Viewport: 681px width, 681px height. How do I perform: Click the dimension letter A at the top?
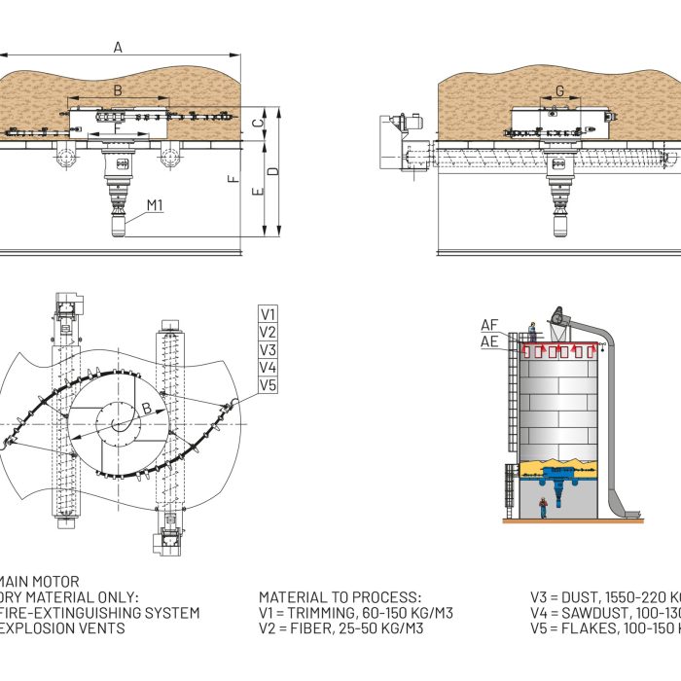coord(118,47)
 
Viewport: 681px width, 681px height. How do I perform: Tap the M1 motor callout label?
coord(155,205)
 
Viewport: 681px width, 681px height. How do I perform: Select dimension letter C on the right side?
coord(257,123)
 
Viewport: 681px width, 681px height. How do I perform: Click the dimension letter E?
coord(257,193)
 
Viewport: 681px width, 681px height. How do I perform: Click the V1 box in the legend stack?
coord(268,314)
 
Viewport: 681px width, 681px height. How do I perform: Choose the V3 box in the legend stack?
coord(268,350)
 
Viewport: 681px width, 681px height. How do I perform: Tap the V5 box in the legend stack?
coord(268,385)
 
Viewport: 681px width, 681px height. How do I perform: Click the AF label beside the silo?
coord(490,325)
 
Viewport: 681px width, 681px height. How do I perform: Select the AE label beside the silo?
coord(490,341)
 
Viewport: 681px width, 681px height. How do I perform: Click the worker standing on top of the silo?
coord(532,331)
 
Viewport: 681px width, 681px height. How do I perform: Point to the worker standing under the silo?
coord(543,507)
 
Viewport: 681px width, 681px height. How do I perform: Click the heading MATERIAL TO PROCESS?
coord(340,597)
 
